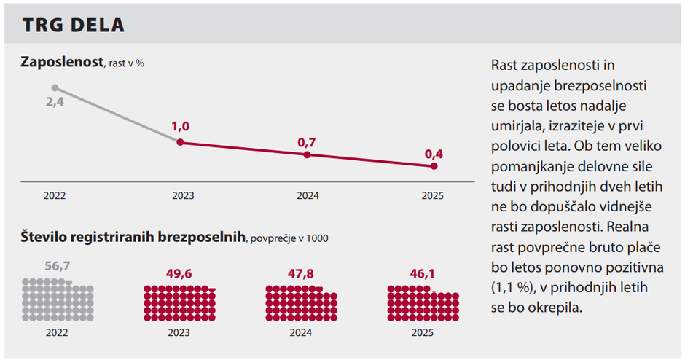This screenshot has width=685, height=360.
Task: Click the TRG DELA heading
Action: [73, 25]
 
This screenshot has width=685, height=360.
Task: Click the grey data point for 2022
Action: [55, 88]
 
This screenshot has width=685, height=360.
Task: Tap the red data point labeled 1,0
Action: [180, 142]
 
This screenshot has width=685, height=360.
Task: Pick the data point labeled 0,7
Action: [307, 154]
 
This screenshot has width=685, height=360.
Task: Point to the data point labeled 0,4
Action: [434, 166]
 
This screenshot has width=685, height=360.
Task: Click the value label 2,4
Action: [55, 103]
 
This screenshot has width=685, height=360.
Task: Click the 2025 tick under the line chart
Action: [433, 196]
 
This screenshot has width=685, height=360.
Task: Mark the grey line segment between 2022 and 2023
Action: [117, 115]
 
